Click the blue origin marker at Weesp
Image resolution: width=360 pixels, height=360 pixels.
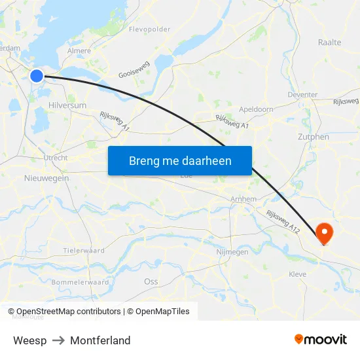(37, 76)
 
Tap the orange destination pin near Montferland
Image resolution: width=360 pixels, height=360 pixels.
(323, 232)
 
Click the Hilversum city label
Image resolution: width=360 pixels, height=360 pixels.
(67, 105)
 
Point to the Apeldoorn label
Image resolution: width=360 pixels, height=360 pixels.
(256, 109)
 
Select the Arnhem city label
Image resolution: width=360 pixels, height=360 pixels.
(243, 199)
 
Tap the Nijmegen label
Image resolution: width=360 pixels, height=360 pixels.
(232, 251)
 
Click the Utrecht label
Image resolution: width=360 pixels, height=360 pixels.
(55, 158)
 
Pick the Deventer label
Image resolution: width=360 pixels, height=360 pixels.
(302, 94)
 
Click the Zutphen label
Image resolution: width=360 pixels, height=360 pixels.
(313, 137)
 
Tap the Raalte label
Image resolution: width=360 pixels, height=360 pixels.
(329, 42)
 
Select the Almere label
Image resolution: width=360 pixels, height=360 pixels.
(80, 50)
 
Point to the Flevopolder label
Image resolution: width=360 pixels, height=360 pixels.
(150, 29)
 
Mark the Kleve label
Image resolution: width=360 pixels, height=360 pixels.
(297, 274)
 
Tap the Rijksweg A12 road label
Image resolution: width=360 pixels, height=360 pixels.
(283, 222)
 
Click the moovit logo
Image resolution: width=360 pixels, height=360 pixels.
(321, 340)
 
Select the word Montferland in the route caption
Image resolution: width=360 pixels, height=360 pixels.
(100, 340)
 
